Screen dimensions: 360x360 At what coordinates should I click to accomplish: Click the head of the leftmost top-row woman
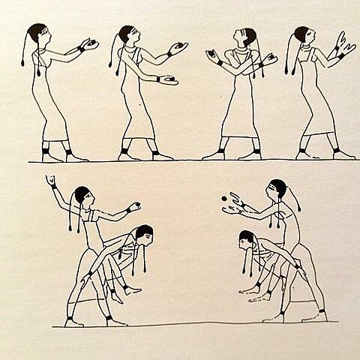coord(39,34)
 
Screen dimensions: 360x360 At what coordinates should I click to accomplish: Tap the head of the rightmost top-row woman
coord(303,35)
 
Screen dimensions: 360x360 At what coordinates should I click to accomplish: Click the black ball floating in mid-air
coord(223,198)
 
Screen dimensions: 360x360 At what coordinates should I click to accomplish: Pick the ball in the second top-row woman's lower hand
coord(170,78)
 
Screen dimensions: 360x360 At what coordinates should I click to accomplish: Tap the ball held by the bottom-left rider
coord(136,205)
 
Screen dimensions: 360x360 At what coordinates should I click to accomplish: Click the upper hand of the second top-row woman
coord(177,48)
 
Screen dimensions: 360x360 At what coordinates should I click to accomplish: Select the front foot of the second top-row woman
coord(161,155)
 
